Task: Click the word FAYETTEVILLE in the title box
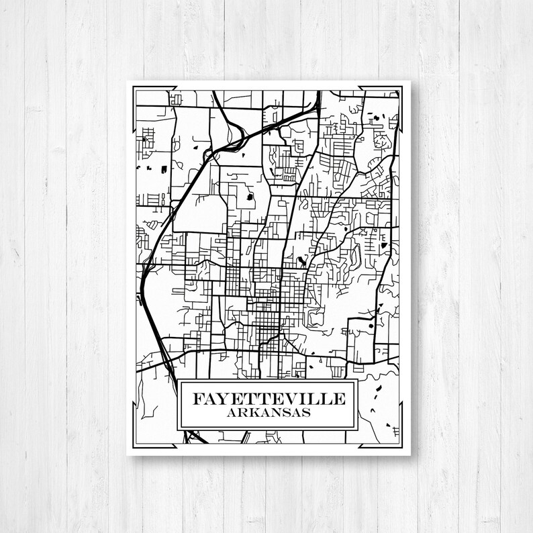pos(269,399)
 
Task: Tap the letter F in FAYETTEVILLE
pos(199,399)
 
